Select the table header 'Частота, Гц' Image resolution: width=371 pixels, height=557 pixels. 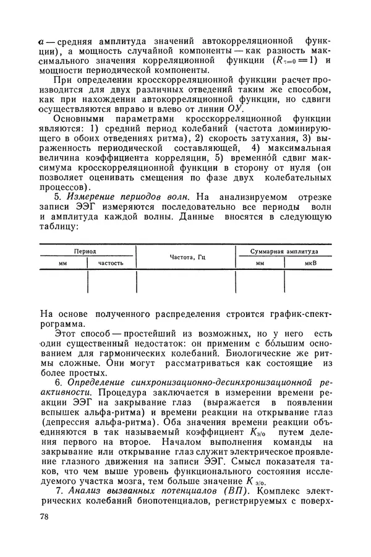pyautogui.click(x=185, y=257)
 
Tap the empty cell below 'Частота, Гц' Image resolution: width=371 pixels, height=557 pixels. pyautogui.click(x=185, y=282)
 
